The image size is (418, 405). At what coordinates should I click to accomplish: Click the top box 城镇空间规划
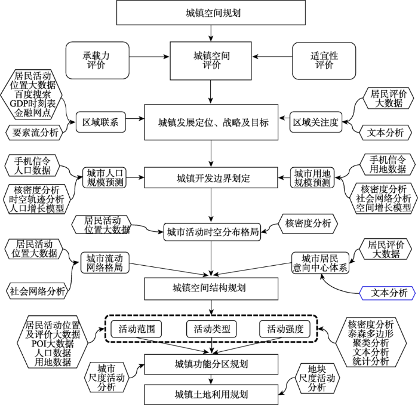click(x=211, y=13)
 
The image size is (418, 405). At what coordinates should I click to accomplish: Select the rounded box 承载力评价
click(x=97, y=60)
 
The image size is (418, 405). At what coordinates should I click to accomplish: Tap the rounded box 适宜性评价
click(x=324, y=60)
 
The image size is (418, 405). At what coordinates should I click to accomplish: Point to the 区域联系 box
click(x=101, y=122)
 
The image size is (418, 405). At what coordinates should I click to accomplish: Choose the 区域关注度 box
click(x=316, y=122)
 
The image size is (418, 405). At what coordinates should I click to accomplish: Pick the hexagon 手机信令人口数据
click(x=32, y=165)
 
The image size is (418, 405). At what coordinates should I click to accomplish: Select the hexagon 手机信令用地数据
click(x=388, y=164)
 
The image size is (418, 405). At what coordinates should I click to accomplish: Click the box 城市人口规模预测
click(x=105, y=177)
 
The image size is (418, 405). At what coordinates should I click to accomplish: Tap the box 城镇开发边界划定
click(x=211, y=177)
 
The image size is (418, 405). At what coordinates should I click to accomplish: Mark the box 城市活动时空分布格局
click(x=212, y=232)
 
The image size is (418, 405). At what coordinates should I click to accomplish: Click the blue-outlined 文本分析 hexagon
click(x=388, y=293)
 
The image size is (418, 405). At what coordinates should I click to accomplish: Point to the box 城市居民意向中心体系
click(x=320, y=263)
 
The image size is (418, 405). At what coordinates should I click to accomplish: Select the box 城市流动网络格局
click(x=105, y=263)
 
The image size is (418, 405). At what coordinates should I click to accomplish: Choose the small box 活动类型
click(x=212, y=329)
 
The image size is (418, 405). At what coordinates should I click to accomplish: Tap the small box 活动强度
click(x=285, y=329)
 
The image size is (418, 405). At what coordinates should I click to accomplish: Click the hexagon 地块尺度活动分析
click(x=316, y=378)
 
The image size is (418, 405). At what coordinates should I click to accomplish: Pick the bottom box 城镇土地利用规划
click(x=211, y=394)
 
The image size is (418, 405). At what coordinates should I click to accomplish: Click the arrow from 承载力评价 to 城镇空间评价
click(x=149, y=57)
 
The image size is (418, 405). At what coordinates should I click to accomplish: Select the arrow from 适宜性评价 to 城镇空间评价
click(x=272, y=57)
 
